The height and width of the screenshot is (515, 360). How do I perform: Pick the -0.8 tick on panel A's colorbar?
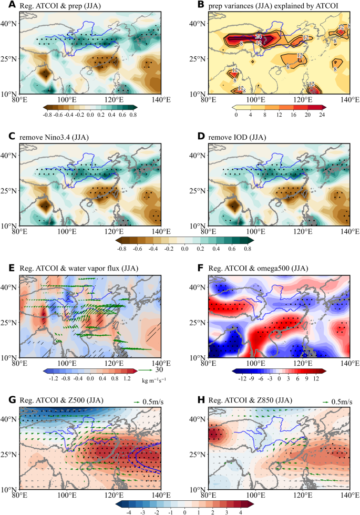[47, 114]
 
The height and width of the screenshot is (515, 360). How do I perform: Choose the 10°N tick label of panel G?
[9, 489]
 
